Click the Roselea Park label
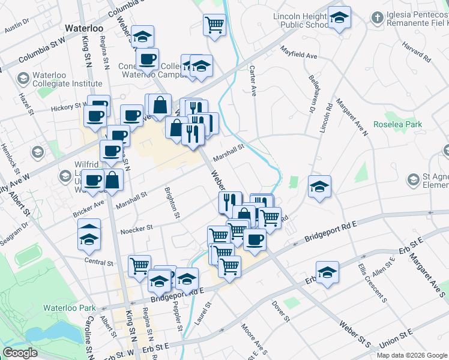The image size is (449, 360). pos(397,125)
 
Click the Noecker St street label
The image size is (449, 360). pos(137,227)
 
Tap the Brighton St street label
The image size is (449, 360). pos(173,202)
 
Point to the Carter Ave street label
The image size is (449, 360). pos(253,81)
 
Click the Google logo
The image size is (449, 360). pos(20,352)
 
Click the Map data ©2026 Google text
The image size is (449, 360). pos(412,355)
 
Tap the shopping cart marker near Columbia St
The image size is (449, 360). pos(214,25)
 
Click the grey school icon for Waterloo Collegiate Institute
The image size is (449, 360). pos(23,78)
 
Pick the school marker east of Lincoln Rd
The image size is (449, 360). pos(319,187)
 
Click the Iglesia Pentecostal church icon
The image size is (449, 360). pos(377,16)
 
